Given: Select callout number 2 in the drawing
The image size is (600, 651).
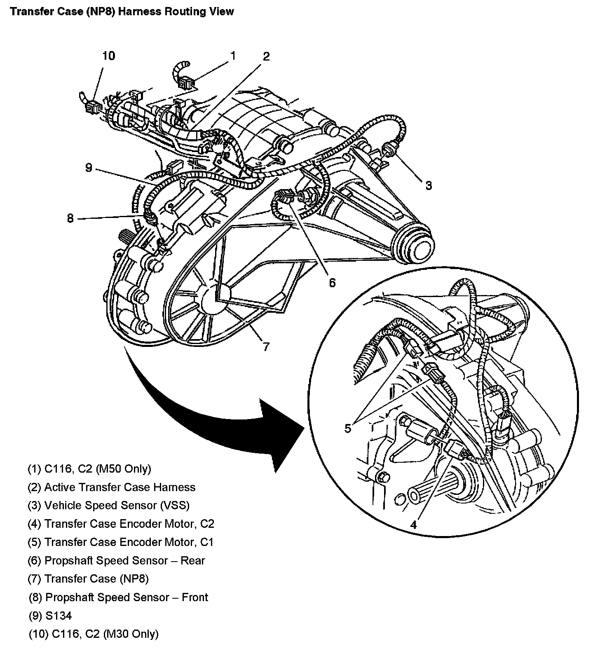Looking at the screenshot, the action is [266, 56].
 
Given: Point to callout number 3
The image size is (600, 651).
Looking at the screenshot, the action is [429, 185].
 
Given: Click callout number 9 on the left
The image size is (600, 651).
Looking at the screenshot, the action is [89, 168].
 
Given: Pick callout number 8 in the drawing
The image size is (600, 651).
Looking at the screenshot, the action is [70, 218].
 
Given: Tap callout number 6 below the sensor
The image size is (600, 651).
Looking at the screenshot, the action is [332, 282].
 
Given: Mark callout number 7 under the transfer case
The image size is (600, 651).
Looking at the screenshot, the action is [266, 347].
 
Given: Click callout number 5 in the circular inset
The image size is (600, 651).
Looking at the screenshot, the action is [348, 429].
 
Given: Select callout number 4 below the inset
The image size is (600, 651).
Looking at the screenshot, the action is [413, 525].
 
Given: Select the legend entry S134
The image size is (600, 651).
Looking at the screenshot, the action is [50, 616].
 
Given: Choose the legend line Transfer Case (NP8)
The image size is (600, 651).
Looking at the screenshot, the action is [88, 578].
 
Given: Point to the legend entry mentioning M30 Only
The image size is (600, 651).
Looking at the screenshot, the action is [94, 634].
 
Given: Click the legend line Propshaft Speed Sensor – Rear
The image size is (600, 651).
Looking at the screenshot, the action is [116, 560].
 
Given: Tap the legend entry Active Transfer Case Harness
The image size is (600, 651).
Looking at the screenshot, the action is [111, 487].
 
